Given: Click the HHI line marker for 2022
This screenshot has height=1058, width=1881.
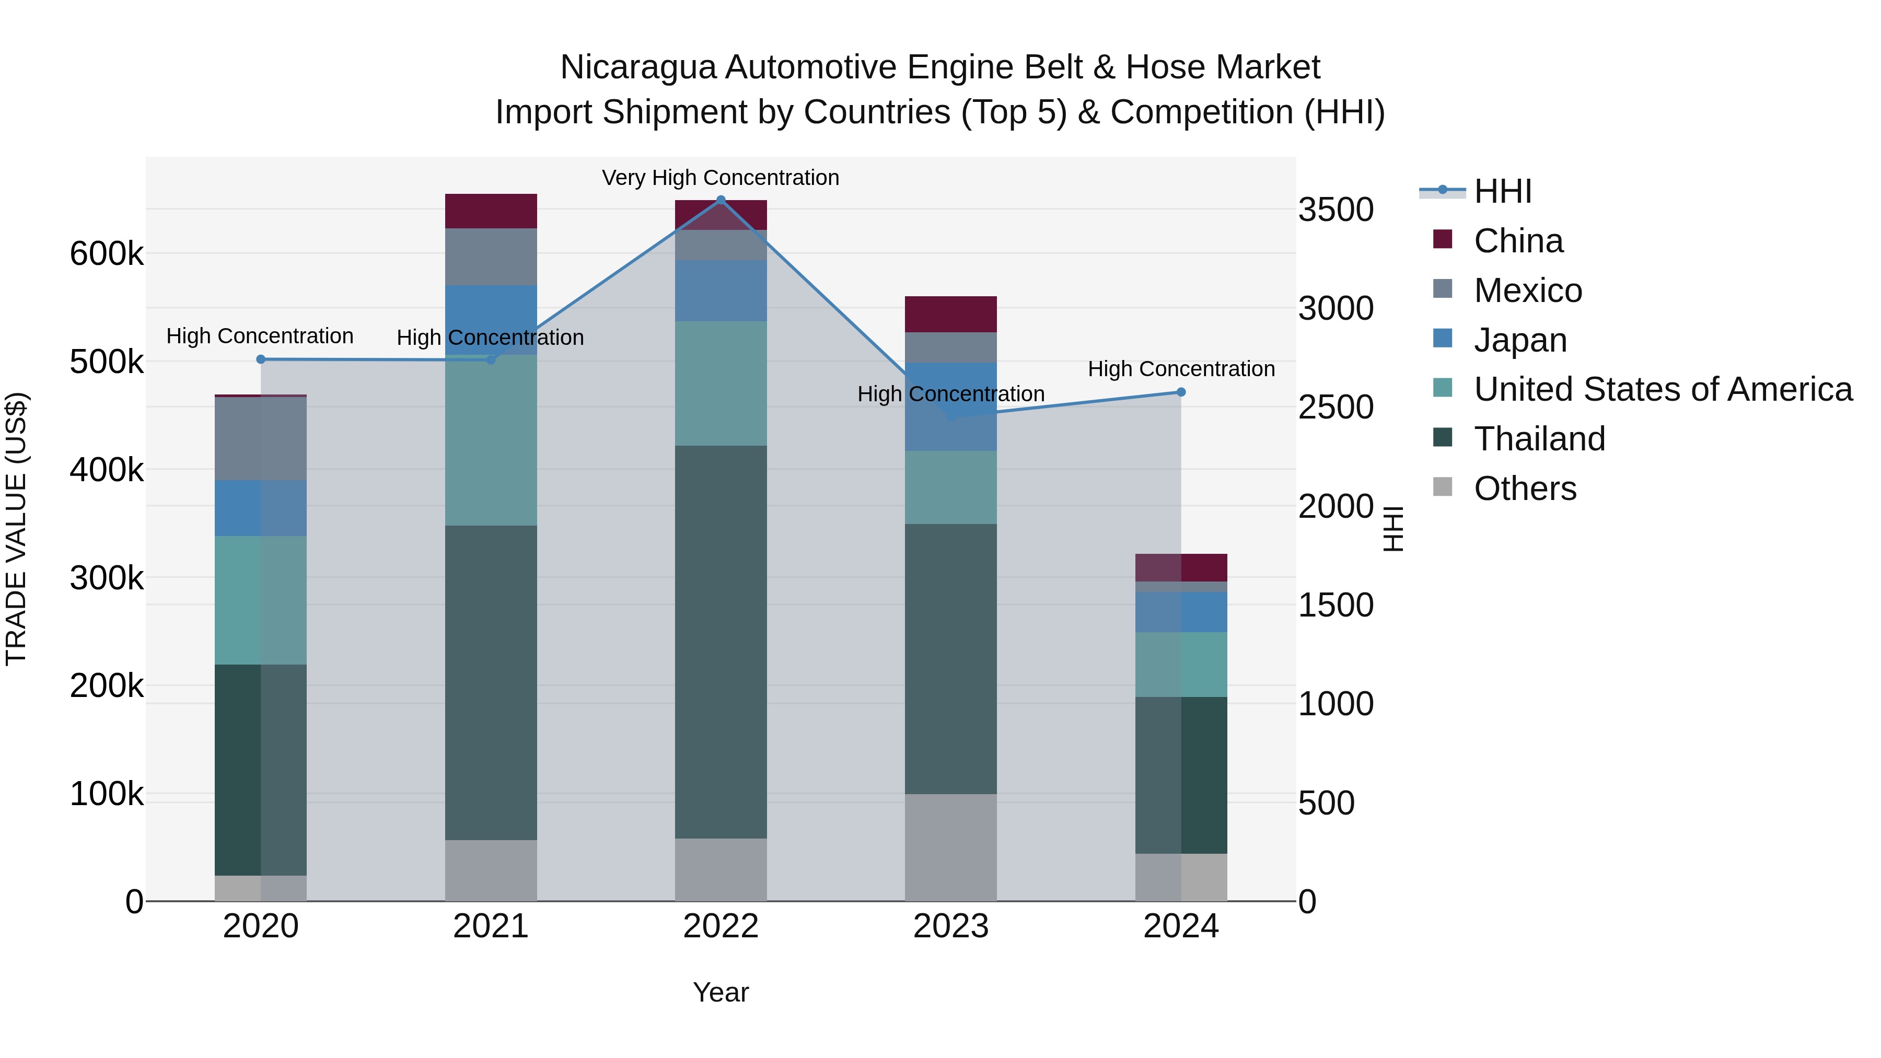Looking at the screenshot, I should point(721,200).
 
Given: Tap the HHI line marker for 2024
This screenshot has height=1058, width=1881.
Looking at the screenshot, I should point(1181,392).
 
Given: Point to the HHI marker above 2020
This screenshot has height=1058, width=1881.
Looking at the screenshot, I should point(261,359).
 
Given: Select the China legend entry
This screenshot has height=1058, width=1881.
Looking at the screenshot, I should point(1518,241).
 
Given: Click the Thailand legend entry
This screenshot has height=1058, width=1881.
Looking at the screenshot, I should point(1539,439).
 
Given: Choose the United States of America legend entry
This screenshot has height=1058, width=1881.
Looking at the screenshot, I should point(1663,389).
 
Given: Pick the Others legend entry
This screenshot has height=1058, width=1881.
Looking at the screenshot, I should point(1525,489).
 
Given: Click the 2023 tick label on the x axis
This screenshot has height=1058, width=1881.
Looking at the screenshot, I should point(951,926).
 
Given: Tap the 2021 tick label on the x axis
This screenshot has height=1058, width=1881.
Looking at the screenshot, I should point(491,926).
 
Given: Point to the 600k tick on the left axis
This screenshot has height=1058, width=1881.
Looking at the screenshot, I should point(107,254).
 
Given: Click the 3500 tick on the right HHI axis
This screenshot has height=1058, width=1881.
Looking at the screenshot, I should point(1336,210).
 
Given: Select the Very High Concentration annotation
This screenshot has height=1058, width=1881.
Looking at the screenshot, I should point(721,178).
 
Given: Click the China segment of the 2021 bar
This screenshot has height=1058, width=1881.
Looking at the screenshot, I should point(491,211).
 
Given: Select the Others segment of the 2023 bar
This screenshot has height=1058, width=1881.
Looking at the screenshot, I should point(951,847).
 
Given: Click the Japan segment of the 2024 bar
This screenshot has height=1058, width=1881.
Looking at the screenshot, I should point(1181,612).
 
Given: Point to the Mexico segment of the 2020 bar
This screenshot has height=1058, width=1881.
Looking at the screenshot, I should point(261,439).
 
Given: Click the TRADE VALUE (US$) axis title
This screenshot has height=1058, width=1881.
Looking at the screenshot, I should point(16,529).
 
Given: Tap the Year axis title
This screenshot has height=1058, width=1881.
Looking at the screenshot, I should point(721,992).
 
